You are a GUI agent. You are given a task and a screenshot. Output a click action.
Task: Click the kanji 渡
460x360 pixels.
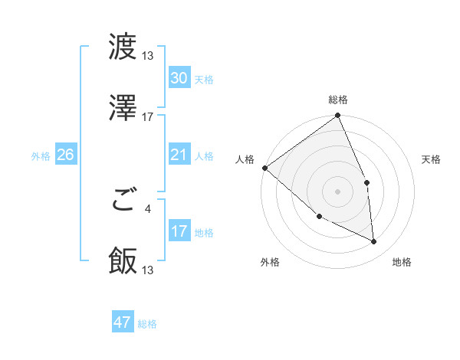pyautogui.click(x=123, y=48)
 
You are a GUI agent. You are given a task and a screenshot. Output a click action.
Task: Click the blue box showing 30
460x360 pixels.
pyautogui.click(x=179, y=78)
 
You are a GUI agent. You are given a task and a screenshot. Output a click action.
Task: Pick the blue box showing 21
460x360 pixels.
pyautogui.click(x=179, y=155)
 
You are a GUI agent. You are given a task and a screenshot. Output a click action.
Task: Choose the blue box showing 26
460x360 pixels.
pyautogui.click(x=65, y=155)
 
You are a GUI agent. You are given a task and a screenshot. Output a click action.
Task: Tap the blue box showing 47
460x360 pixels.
pyautogui.click(x=123, y=322)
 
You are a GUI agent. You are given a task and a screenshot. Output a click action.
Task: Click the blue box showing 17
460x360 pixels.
pyautogui.click(x=179, y=231)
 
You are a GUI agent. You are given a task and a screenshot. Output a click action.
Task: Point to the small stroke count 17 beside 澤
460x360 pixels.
pyautogui.click(x=148, y=117)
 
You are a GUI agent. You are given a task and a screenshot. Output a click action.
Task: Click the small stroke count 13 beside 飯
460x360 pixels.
pyautogui.click(x=148, y=270)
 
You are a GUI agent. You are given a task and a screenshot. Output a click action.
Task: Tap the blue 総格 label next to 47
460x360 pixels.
pyautogui.click(x=147, y=324)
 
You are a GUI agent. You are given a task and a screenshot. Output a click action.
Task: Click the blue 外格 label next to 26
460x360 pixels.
pyautogui.click(x=41, y=156)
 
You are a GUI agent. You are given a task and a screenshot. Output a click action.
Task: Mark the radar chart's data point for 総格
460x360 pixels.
pyautogui.click(x=337, y=116)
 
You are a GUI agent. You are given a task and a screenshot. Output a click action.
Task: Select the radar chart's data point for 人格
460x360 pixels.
pyautogui.click(x=264, y=168)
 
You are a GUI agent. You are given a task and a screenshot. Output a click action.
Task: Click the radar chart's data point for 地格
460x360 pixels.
pyautogui.click(x=374, y=241)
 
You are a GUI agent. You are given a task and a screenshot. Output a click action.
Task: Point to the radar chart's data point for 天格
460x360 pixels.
pyautogui.click(x=366, y=182)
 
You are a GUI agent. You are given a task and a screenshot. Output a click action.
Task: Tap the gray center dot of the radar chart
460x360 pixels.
pyautogui.click(x=337, y=191)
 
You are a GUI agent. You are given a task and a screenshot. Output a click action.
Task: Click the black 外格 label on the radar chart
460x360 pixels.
pyautogui.click(x=270, y=262)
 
